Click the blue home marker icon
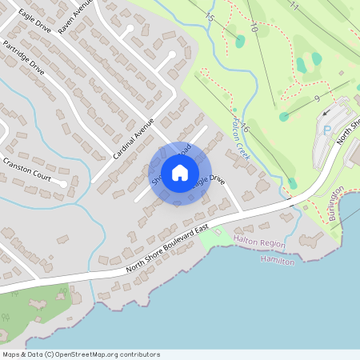tap(180, 172)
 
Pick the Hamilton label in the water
tap(278, 260)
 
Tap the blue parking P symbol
tap(326, 129)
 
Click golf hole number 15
tap(210, 16)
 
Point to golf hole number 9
tap(317, 98)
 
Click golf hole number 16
tap(245, 128)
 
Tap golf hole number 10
tap(254, 27)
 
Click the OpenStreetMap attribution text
tap(81, 354)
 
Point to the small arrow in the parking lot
tap(326, 114)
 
